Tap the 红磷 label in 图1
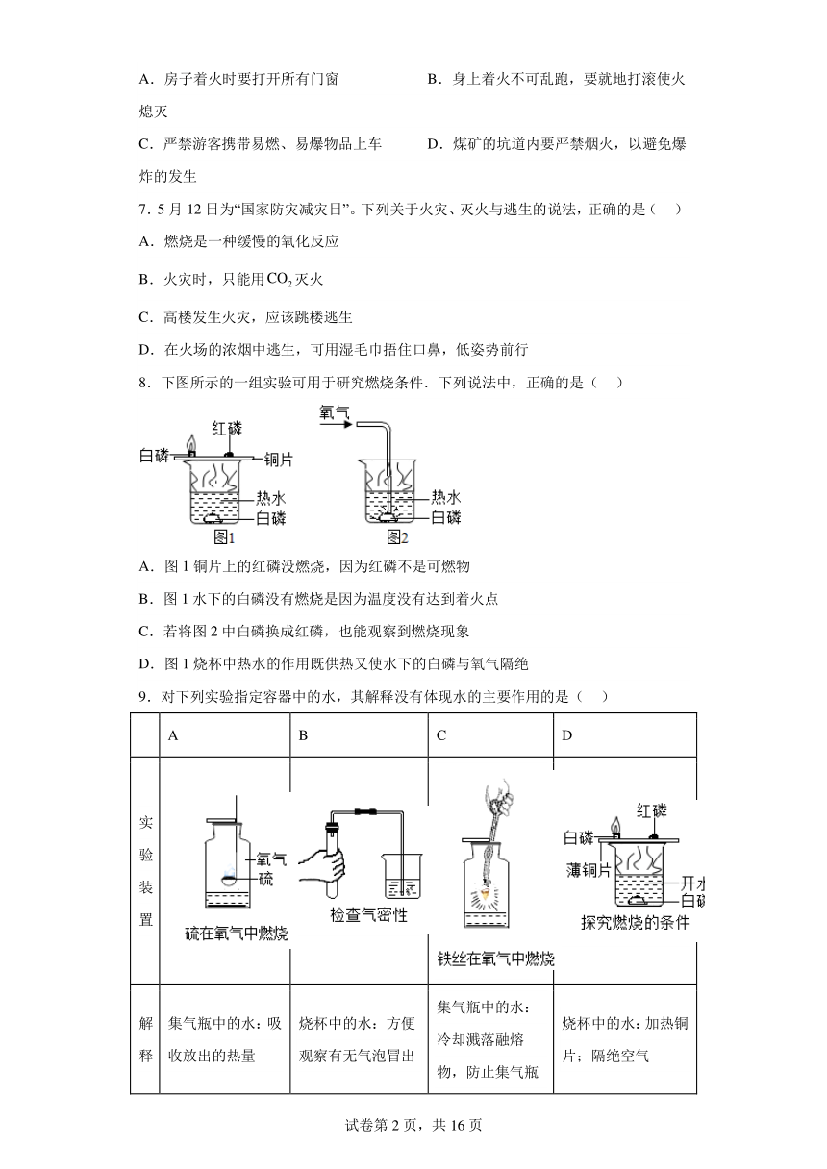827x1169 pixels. pos(227,429)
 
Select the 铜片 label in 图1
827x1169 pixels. pos(278,460)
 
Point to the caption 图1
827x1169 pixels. pos(224,537)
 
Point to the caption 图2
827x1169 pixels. pos(397,537)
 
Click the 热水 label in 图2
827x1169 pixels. pos(446,497)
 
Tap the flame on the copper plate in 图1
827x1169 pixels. pos(192,443)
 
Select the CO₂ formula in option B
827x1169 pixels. pos(280,280)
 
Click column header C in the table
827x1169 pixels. pos(441,735)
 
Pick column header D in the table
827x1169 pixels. pos(567,735)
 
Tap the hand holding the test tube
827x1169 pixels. pos(323,871)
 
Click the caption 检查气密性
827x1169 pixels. pos(368,914)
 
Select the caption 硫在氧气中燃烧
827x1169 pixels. pos(237,933)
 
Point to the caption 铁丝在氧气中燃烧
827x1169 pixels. pos(495,958)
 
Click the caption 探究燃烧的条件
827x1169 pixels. pos(636,922)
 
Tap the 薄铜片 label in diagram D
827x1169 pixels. pos(589,870)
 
